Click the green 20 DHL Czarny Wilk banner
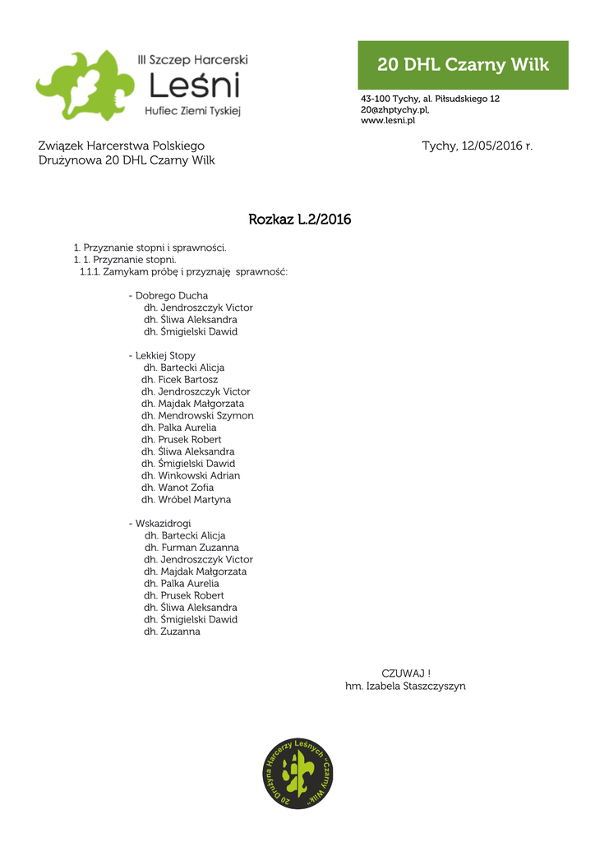463,65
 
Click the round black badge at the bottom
297,774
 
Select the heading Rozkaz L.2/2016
299,220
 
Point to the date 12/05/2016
491,146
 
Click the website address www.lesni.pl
388,120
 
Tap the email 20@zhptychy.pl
394,109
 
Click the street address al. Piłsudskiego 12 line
430,99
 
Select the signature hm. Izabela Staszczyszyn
405,686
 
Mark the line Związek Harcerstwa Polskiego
122,146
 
